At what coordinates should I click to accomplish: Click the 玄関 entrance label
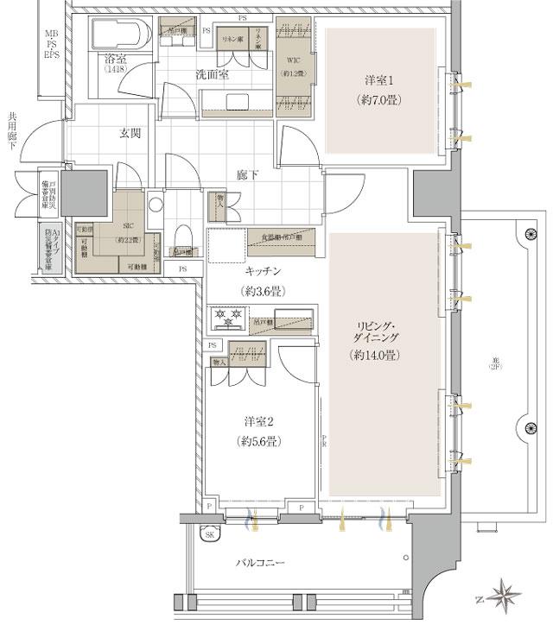click(x=131, y=134)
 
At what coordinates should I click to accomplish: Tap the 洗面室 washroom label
click(x=211, y=75)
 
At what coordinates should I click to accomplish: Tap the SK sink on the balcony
click(x=208, y=534)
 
